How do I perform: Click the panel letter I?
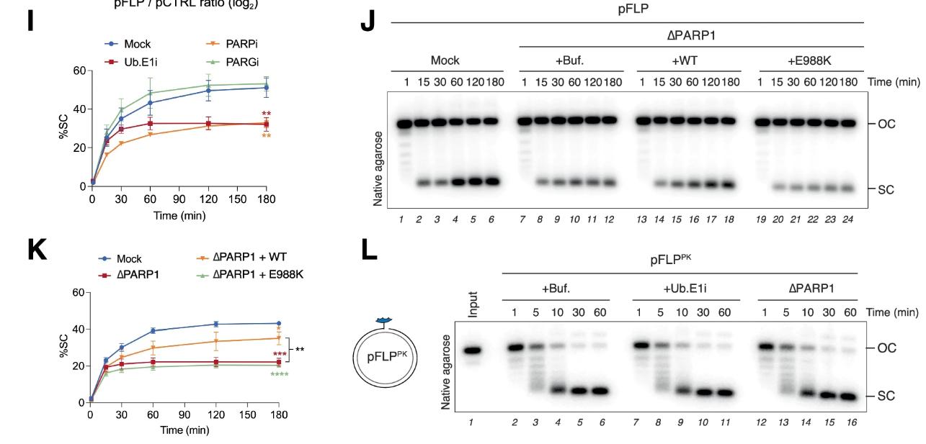tap(30, 22)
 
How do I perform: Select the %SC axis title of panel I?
tap(65, 128)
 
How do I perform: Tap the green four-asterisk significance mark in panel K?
tap(282, 374)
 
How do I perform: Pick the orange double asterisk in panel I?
tap(267, 137)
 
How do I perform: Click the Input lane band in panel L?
tap(472, 350)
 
